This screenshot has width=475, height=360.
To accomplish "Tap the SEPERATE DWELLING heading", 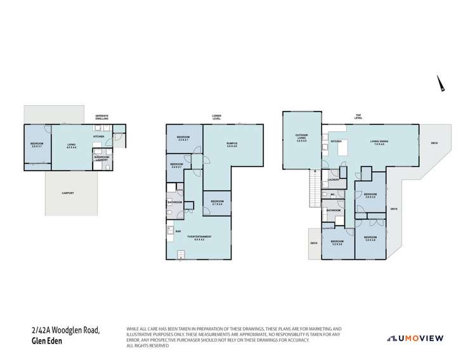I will click(101, 117).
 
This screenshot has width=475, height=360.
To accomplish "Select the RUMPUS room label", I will click(231, 145).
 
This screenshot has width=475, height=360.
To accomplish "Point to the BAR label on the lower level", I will click(178, 231).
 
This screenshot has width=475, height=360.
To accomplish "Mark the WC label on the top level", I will click(332, 194).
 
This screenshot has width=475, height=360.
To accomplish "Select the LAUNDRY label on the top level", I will click(332, 181).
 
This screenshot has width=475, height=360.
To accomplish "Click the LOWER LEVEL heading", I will click(217, 117).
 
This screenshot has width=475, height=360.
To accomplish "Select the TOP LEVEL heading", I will click(359, 117).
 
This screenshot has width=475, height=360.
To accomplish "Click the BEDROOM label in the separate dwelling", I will click(36, 145).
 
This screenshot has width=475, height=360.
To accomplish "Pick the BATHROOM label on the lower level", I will click(174, 202).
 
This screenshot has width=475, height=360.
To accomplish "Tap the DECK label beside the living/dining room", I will click(434, 143).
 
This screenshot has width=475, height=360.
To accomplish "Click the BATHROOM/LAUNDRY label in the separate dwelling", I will click(101, 158).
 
